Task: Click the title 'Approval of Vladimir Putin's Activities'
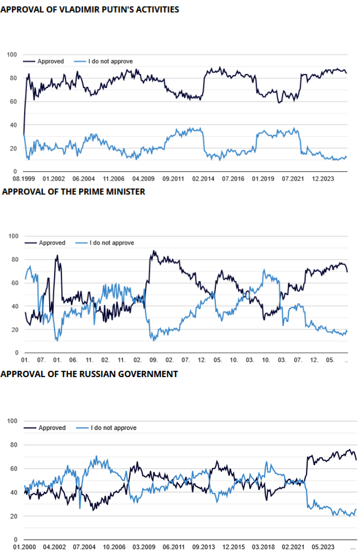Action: pyautogui.click(x=89, y=10)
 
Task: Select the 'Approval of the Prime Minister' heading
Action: pyautogui.click(x=74, y=192)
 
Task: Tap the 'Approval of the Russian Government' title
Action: pyautogui.click(x=89, y=374)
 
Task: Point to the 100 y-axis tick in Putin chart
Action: pyautogui.click(x=12, y=55)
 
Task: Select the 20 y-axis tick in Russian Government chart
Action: pyautogui.click(x=14, y=517)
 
